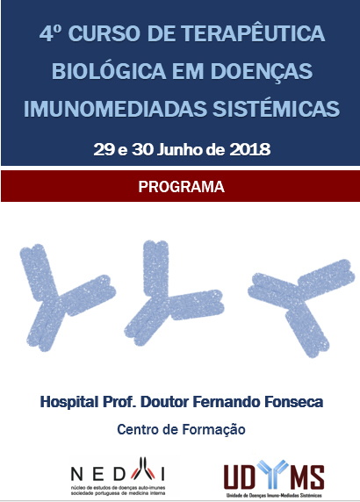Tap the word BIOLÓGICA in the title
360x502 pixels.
point(109,70)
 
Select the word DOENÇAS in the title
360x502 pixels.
point(262,71)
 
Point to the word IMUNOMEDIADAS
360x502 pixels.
point(116,109)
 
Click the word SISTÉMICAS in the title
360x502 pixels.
point(277,108)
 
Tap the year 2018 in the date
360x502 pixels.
point(250,149)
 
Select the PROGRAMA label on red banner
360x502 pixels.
point(181,187)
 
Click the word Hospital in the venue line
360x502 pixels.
point(68,402)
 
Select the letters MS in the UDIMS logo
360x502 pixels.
point(306,477)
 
